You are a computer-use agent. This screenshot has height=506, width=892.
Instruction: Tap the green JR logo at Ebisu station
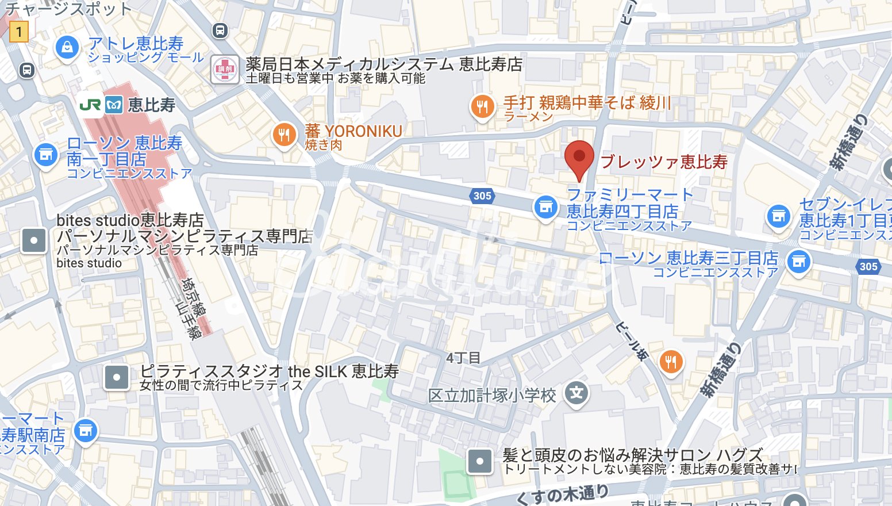[x=90, y=105]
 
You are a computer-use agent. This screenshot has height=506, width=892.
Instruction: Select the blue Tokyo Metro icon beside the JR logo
[x=114, y=105]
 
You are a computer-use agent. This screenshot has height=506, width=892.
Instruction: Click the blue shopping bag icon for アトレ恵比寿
[x=67, y=47]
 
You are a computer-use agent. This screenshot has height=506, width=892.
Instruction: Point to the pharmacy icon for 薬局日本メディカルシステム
[x=224, y=70]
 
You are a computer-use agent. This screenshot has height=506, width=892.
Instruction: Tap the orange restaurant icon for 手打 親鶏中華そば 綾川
[x=482, y=106]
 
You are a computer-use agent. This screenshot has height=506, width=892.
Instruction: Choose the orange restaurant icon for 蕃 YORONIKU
[x=284, y=135]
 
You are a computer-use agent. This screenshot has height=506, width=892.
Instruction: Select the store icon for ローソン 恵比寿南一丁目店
[x=46, y=154]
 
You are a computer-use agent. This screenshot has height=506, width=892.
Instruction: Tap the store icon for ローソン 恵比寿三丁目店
[x=798, y=262]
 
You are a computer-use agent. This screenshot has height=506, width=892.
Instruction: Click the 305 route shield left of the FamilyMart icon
[x=482, y=195]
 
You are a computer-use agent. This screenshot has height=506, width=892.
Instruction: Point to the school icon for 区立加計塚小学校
[x=576, y=394]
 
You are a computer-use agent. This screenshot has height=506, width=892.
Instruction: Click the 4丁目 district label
[x=463, y=358]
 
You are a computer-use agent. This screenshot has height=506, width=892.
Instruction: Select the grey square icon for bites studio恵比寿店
[x=34, y=240]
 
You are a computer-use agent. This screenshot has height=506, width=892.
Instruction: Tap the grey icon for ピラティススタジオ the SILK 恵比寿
[x=117, y=378]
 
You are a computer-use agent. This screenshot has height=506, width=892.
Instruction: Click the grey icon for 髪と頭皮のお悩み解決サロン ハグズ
[x=479, y=461]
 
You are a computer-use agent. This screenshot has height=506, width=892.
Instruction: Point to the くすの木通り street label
[x=562, y=494]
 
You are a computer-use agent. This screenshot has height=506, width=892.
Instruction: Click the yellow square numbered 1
[x=18, y=31]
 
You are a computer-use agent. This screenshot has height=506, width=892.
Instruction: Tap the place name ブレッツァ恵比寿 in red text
[x=664, y=162]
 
